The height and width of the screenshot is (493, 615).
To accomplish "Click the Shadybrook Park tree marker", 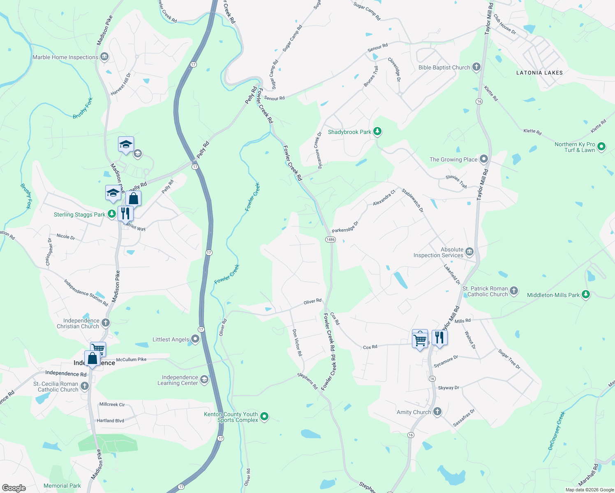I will [377, 131].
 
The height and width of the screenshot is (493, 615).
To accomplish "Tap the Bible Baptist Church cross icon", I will [476, 67].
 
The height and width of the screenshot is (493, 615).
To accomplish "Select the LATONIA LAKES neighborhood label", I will [539, 73].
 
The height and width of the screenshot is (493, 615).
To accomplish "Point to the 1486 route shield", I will [330, 240].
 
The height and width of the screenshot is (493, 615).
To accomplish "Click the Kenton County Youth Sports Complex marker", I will [265, 417].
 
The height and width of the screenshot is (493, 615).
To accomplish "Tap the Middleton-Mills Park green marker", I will [586, 295].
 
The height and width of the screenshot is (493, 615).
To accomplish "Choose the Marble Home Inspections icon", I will [104, 57].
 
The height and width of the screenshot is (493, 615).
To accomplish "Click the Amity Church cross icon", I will [437, 411].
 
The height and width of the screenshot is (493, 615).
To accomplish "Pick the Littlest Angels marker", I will [195, 339].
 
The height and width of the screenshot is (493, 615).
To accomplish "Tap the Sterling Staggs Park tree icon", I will [111, 214].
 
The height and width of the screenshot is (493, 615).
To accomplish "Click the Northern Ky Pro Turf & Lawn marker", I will [601, 146].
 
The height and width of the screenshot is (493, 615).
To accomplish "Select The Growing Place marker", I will [484, 159].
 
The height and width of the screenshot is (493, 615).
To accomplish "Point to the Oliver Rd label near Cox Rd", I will [312, 302].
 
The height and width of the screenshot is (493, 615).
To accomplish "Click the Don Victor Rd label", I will [297, 342].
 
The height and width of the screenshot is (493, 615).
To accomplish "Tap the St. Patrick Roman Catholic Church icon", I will [514, 291].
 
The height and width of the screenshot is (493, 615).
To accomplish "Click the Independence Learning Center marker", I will [204, 380].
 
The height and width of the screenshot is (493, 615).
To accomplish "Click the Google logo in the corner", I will [14, 488].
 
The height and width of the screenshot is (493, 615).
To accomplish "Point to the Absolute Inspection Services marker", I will [469, 252].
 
